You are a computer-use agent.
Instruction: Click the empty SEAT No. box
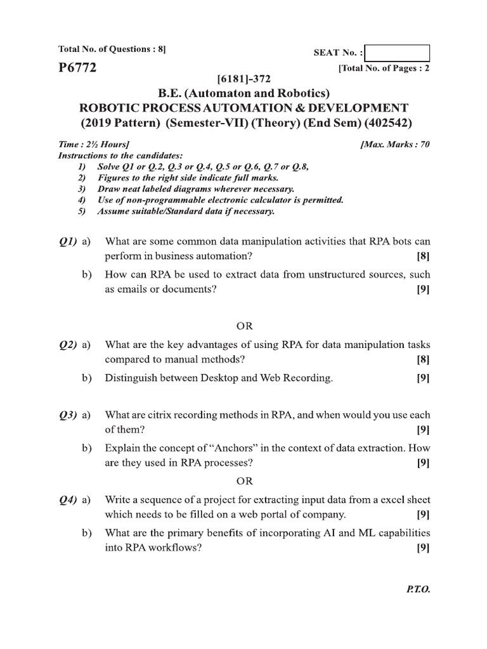(x=398, y=53)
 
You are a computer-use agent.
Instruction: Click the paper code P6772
(x=77, y=68)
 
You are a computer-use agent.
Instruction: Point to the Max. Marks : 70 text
(x=394, y=145)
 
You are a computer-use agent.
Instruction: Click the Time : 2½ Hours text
(x=89, y=145)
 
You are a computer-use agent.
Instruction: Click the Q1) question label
(x=67, y=241)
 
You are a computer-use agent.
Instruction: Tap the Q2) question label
(x=67, y=345)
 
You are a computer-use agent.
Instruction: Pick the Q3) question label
(x=67, y=415)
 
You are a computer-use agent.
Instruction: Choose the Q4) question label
(x=67, y=501)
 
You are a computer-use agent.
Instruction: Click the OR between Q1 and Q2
(x=244, y=326)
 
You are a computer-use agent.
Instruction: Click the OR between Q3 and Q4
(x=244, y=480)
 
